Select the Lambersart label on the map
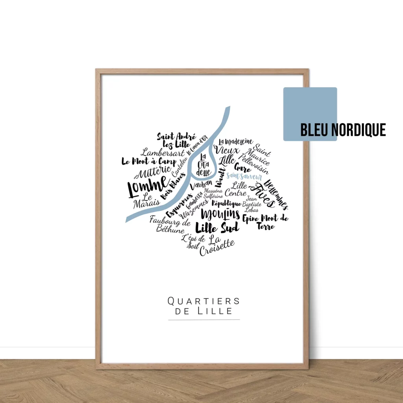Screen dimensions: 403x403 [x=159, y=152]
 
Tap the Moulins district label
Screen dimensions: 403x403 [x=220, y=214]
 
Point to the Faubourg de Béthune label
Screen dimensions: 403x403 [x=170, y=224]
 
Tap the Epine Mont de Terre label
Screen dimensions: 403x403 [x=265, y=221]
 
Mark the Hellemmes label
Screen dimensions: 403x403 [x=276, y=194]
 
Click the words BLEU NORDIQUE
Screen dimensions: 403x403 [x=343, y=129]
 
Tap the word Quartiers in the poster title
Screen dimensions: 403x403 [x=203, y=301]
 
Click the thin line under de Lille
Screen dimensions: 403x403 [x=204, y=320]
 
